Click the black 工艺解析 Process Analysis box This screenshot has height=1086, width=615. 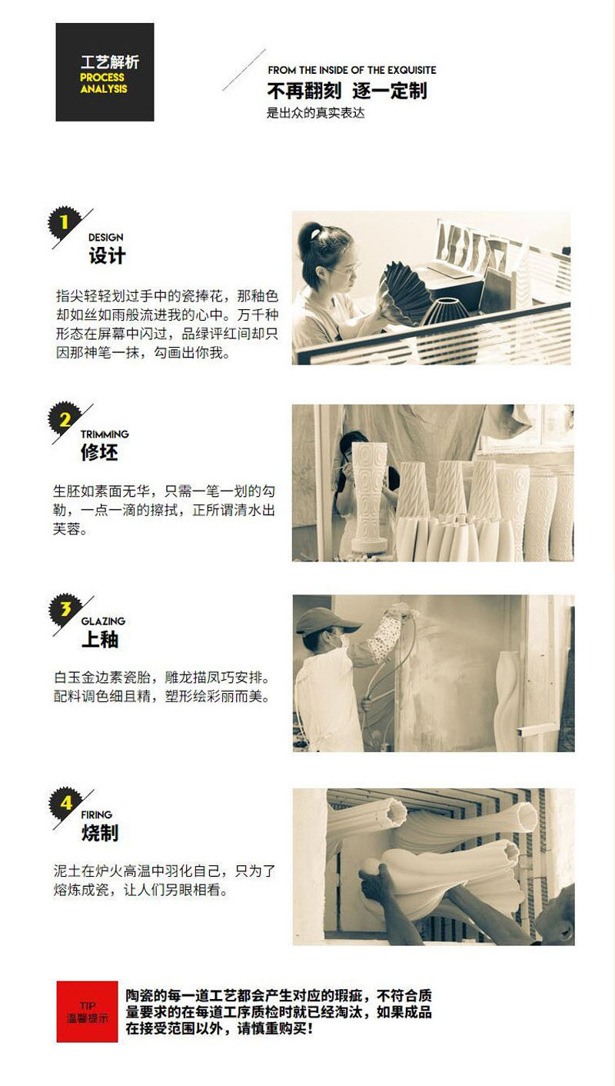point(105,72)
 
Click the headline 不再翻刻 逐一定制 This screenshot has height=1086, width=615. point(347,92)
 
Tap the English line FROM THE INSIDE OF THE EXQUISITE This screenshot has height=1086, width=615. point(352,70)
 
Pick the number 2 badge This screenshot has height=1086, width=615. point(65,419)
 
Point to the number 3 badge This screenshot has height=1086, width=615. point(65,609)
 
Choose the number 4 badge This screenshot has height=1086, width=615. point(65,803)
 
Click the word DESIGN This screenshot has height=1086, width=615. point(105,238)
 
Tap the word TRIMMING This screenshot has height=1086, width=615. point(105,434)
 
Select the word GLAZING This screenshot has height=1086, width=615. point(103,621)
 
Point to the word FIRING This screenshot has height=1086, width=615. point(96,815)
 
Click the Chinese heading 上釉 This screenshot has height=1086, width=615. point(100,639)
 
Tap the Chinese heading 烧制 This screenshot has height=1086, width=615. point(100,833)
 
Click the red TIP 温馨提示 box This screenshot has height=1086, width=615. point(87,1011)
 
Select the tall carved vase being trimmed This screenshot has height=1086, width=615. point(370,496)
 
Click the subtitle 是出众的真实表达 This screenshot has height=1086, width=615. point(315,114)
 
